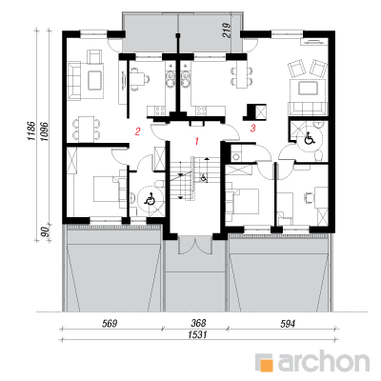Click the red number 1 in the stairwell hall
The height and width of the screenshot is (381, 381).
197,141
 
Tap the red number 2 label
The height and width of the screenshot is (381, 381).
137,131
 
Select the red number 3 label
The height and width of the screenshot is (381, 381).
253,129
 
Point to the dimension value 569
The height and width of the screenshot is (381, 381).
110,324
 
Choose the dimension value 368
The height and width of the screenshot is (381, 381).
198,323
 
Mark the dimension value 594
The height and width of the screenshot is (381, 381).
288,324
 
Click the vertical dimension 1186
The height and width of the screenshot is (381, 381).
30,130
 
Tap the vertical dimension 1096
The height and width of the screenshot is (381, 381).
44,131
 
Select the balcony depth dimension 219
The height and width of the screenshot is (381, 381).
227,30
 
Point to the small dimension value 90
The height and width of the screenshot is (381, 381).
46,232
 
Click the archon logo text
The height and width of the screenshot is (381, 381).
324,362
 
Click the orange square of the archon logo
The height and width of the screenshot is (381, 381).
266,365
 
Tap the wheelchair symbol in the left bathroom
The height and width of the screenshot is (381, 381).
150,200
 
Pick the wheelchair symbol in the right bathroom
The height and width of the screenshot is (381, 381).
309,139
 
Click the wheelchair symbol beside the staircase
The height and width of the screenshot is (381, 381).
204,177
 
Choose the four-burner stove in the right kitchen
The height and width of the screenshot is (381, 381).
201,110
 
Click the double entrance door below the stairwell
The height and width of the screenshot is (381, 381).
194,245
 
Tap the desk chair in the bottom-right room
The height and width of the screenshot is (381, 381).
308,197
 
